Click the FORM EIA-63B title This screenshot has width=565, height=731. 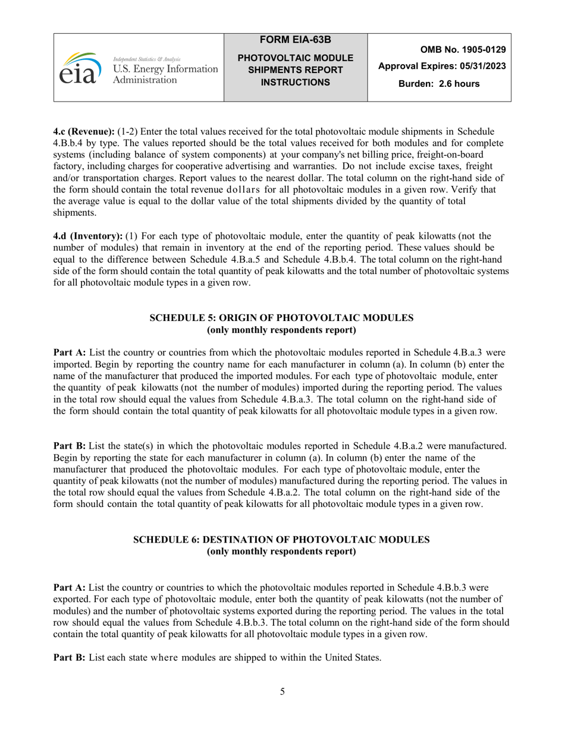point(296,40)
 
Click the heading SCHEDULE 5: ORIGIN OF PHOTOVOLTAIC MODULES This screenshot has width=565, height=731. point(281,318)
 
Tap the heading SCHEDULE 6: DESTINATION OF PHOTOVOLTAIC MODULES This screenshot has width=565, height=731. point(281,540)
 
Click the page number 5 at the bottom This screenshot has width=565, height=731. point(282,691)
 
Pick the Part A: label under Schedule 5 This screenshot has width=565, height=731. point(70,353)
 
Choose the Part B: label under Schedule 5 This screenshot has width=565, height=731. point(70,446)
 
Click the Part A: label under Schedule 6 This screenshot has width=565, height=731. point(70,587)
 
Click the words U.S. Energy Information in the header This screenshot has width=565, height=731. point(165,70)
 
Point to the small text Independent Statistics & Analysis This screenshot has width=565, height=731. point(146,59)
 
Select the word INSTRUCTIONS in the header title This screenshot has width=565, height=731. point(296,82)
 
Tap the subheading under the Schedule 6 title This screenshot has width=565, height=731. point(281,552)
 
